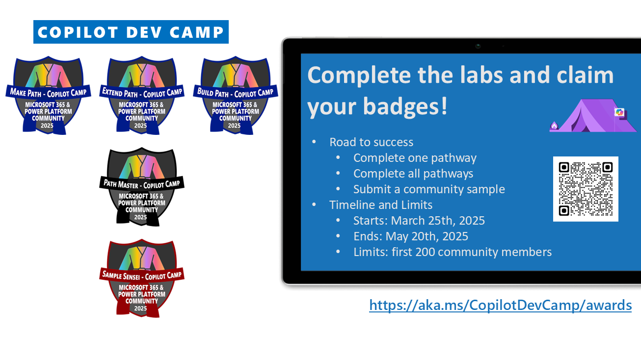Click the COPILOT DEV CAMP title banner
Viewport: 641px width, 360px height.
131,32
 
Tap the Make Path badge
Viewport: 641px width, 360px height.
48,96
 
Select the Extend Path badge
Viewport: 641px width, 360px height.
142,96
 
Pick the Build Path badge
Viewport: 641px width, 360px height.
236,96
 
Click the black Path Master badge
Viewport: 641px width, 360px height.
142,187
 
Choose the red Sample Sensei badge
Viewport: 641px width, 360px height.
142,278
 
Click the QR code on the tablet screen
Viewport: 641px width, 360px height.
586,189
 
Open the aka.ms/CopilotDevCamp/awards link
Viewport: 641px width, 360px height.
500,305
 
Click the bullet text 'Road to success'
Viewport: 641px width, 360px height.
371,142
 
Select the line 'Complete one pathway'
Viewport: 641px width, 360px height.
415,158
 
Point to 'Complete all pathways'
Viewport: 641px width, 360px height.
413,174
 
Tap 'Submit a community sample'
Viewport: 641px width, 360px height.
429,189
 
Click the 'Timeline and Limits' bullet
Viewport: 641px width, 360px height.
380,205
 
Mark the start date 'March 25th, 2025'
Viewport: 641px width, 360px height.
438,221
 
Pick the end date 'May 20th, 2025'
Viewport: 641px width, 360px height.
427,236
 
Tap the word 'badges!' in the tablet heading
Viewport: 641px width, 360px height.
405,106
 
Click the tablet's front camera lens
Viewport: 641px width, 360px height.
478,46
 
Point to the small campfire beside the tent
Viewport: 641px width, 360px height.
554,126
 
